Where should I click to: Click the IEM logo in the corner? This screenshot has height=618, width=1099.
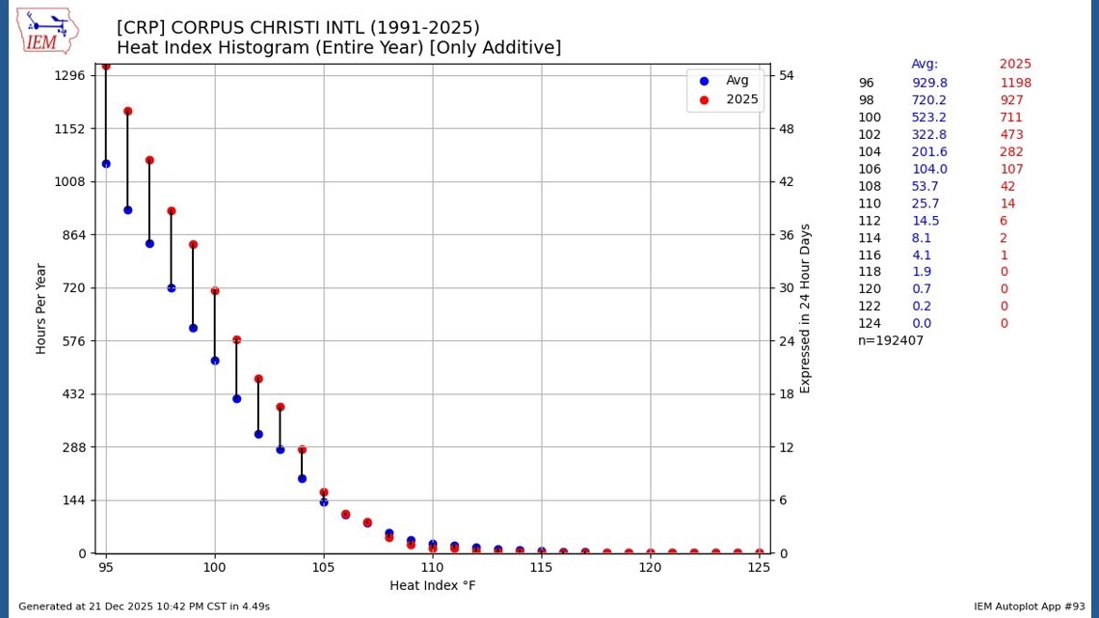[x=46, y=32]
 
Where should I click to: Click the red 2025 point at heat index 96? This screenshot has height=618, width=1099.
[x=127, y=112]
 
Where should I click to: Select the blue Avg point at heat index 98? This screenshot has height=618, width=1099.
[x=172, y=287]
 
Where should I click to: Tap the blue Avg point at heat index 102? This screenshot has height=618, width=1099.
[x=258, y=434]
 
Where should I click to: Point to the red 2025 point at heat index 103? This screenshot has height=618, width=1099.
[x=280, y=407]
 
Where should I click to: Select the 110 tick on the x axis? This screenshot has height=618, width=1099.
[x=432, y=567]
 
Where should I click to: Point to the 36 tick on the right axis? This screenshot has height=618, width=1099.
[x=787, y=234]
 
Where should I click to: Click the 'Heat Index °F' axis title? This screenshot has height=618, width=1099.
[x=432, y=585]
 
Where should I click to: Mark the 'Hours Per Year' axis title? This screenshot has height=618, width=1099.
[x=41, y=308]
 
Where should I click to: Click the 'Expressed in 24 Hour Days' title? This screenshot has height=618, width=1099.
[x=805, y=308]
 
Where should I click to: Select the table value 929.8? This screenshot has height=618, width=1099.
[x=929, y=83]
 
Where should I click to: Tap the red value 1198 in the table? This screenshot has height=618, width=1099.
[x=1015, y=83]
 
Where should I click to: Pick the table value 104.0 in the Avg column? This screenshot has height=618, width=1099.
[x=929, y=170]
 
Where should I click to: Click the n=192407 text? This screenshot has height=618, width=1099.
[x=891, y=340]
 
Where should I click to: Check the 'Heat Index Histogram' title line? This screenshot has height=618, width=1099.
[x=338, y=48]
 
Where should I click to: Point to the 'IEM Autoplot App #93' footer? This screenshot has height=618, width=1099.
[x=1029, y=606]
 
